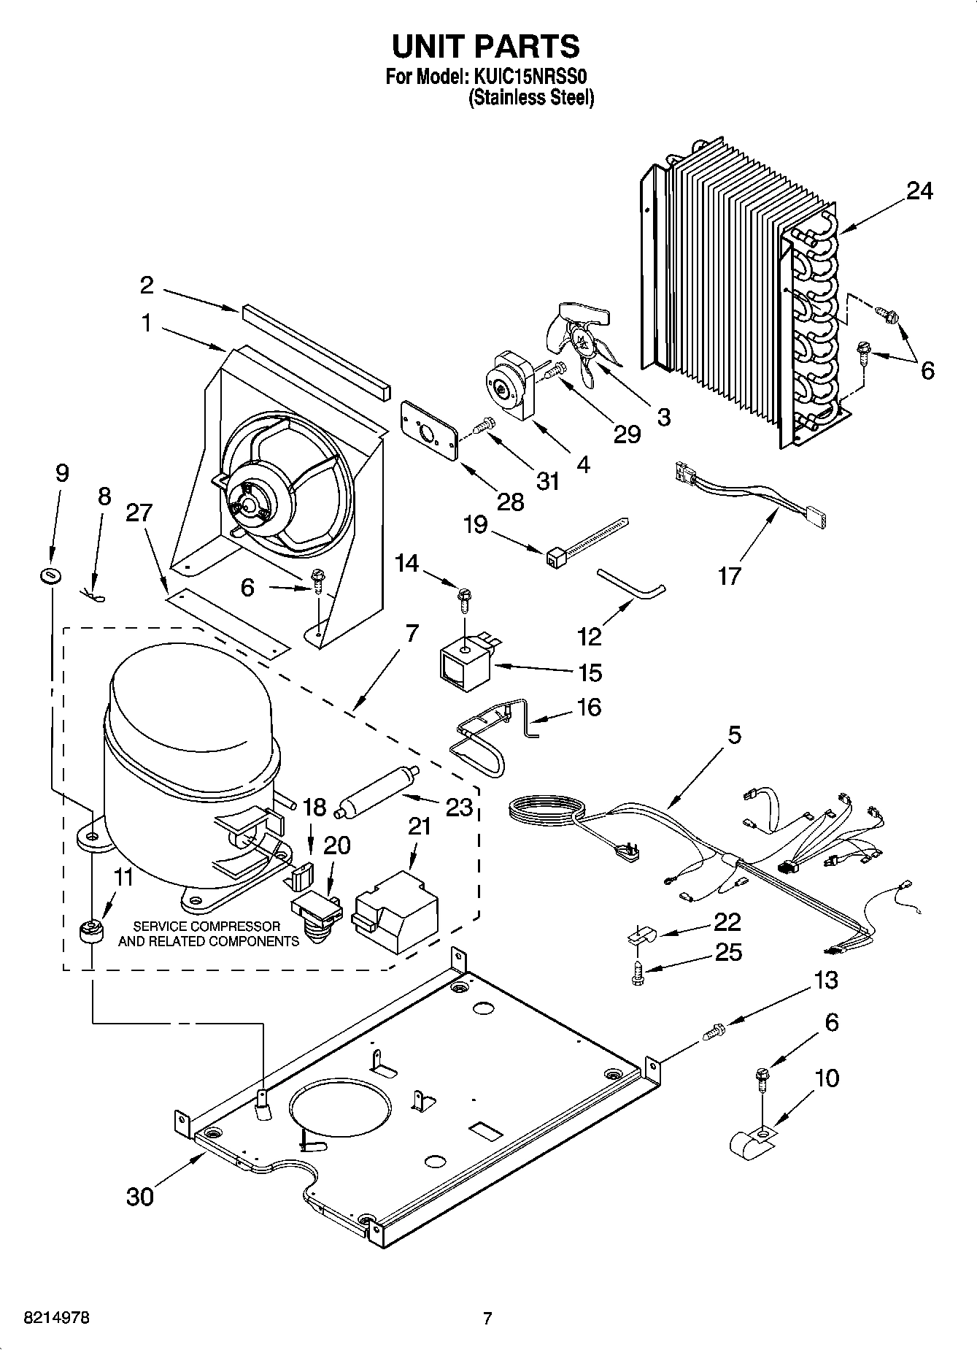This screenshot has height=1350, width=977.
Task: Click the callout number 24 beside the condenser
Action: click(919, 191)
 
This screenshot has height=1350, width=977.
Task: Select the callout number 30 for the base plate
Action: click(139, 1196)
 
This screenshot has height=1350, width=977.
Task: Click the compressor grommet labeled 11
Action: click(91, 932)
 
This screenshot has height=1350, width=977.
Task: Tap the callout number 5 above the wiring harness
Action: click(733, 735)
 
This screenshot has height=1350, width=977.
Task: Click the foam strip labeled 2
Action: click(314, 345)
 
